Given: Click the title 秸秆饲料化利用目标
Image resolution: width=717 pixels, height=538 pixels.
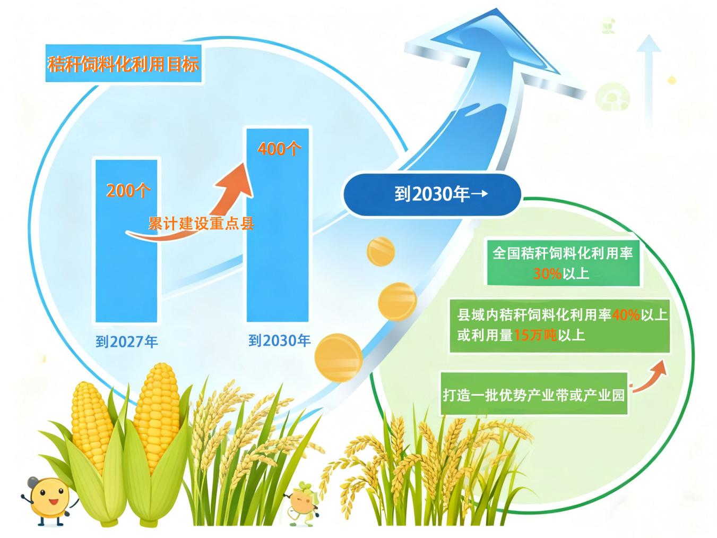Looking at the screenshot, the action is coord(123,64).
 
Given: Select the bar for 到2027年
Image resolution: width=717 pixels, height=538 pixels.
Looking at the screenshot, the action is coord(126,241).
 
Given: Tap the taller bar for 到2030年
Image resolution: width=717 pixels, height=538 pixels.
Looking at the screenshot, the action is coord(278,225).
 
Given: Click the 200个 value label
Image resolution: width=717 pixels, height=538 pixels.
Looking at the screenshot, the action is coord(128,191).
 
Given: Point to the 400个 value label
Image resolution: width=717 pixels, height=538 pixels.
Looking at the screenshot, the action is coord(279,149).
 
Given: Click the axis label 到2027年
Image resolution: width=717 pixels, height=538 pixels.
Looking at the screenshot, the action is coord(127,342).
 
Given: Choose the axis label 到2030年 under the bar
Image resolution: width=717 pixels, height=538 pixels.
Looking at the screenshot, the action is coord(279,340).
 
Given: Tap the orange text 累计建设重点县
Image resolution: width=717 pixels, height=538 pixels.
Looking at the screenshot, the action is coord(201,224).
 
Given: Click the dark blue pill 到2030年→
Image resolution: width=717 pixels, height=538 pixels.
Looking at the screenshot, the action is coord(431,194).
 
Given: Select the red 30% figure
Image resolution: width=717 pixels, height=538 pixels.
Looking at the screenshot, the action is coord(547,274).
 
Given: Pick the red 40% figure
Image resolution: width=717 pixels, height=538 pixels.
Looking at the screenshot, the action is coord(626,315).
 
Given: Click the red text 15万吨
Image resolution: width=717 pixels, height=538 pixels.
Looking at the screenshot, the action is coord(535,335).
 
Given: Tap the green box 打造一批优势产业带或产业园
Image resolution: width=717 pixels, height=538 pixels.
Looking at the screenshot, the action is coord(534,395).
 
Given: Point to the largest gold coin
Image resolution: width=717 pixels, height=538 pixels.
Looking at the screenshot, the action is coord(339,357).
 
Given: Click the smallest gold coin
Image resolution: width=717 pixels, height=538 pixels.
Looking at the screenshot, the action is coord(381,252).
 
